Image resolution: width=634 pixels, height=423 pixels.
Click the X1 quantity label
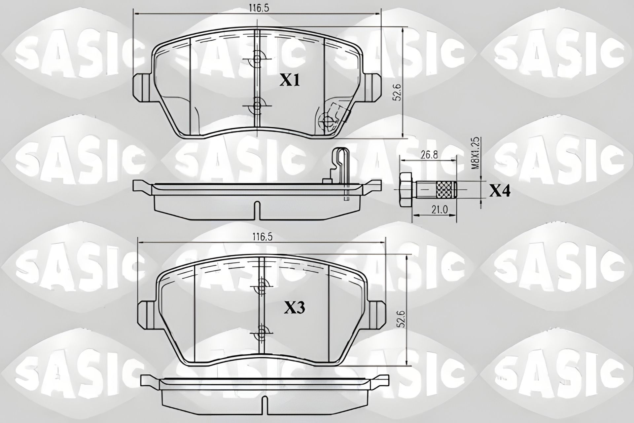[x=290, y=80]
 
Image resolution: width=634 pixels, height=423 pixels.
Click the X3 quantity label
[x=294, y=308]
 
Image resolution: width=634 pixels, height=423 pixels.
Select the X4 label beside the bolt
[x=500, y=191]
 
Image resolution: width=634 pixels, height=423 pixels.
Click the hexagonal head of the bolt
[x=405, y=190]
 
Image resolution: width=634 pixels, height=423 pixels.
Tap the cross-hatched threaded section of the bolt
[x=446, y=190]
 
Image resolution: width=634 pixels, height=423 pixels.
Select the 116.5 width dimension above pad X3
[x=262, y=237]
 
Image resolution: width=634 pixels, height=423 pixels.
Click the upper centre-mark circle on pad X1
[x=257, y=59]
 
